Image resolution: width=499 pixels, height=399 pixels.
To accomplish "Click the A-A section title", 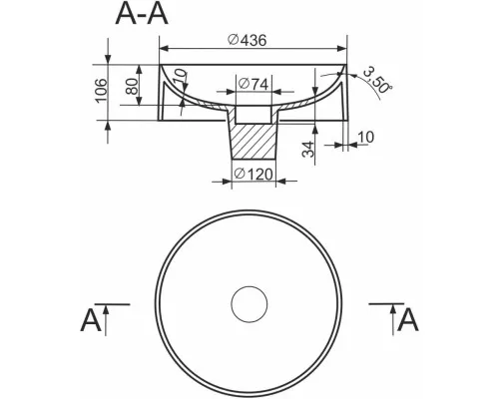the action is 142,14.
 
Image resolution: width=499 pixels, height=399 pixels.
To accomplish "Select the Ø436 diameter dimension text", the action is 248,40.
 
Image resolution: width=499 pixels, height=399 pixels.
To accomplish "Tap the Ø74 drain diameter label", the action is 253,84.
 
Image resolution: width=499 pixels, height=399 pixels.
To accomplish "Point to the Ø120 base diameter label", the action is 253,174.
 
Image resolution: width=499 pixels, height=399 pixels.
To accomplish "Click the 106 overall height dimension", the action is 102,91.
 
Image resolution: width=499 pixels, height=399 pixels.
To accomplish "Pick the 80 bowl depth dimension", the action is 133,87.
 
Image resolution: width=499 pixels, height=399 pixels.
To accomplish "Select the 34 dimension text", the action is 308,149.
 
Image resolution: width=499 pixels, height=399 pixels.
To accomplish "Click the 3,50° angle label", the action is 377,80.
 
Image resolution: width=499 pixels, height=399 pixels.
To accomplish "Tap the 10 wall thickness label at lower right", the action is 365,137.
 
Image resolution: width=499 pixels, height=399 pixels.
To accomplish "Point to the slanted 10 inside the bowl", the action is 180,77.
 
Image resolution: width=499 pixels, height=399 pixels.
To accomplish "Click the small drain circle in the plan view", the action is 249,304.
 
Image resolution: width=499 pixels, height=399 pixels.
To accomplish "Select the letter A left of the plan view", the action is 91,320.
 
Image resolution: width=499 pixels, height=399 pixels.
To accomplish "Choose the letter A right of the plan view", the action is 408,320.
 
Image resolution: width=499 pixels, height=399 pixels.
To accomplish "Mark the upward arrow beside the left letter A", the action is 106,321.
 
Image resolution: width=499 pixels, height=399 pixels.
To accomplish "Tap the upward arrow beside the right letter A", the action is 393,321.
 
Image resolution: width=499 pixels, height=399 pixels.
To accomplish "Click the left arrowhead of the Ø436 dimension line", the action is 165,49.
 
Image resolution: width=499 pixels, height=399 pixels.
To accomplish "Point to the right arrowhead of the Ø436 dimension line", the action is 342,49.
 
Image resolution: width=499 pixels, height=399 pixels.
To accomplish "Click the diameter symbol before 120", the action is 240,174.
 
